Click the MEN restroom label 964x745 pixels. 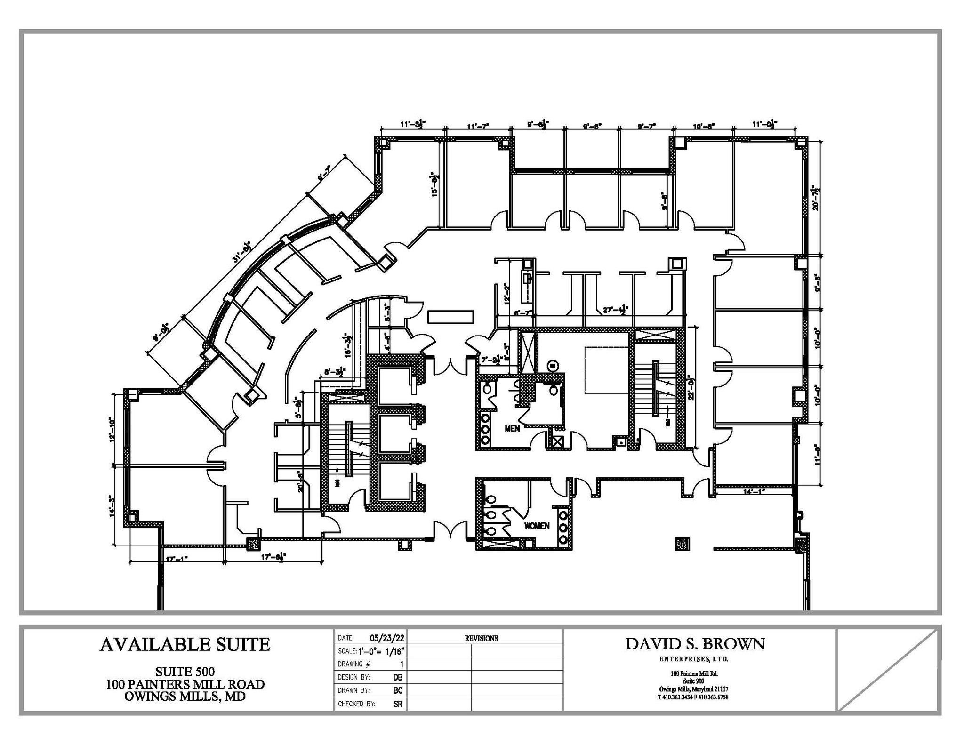click(512, 428)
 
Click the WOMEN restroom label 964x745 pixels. click(537, 526)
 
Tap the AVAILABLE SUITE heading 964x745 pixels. click(185, 644)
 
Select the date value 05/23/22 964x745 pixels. click(387, 638)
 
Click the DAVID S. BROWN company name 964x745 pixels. click(695, 644)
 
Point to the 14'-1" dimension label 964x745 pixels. click(754, 491)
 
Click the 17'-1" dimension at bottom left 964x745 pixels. click(177, 559)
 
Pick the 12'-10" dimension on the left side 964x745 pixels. click(111, 429)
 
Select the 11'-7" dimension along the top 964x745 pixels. click(478, 126)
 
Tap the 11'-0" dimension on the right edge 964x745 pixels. click(818, 454)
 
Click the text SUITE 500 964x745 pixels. click(185, 671)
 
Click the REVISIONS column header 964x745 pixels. click(481, 639)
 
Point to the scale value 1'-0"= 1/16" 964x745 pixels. click(381, 651)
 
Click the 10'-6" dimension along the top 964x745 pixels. click(704, 126)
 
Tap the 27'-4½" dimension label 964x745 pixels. click(616, 310)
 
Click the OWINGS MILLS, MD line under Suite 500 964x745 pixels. click(185, 697)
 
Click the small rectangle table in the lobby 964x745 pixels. click(450, 316)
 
